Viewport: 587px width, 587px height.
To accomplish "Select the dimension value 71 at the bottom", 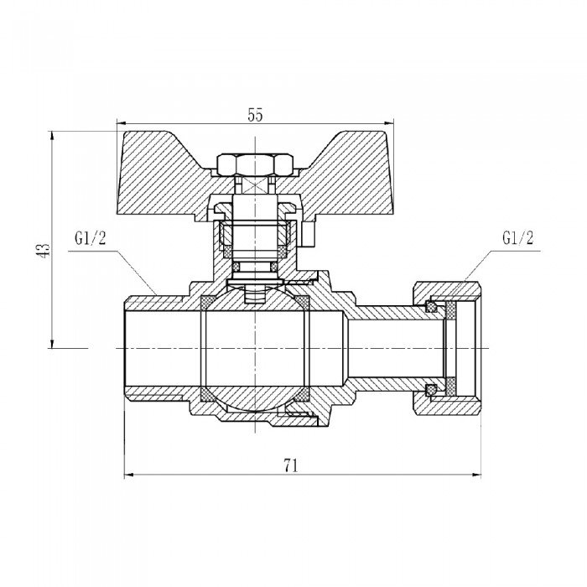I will coord(291,466).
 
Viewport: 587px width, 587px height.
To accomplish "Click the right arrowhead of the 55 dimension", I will coord(392,128).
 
